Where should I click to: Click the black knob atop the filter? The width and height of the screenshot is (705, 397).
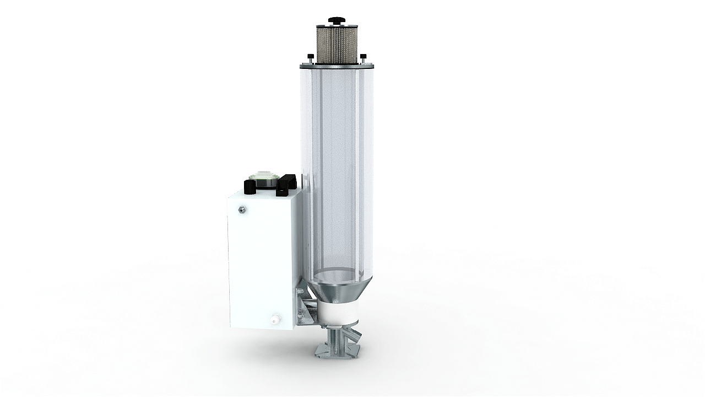pyautogui.click(x=336, y=20)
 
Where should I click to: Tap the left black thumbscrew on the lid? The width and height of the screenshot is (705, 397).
pyautogui.click(x=310, y=57)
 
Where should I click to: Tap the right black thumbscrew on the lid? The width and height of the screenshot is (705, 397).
pyautogui.click(x=363, y=57)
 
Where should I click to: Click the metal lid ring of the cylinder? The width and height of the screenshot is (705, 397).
pyautogui.click(x=336, y=66)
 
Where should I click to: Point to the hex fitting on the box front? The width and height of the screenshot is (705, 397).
pyautogui.click(x=241, y=210)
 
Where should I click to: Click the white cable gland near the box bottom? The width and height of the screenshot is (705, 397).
pyautogui.click(x=273, y=318)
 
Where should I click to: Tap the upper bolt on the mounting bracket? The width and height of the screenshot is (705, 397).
pyautogui.click(x=300, y=291)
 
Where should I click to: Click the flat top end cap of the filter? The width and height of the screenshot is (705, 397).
pyautogui.click(x=336, y=25)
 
